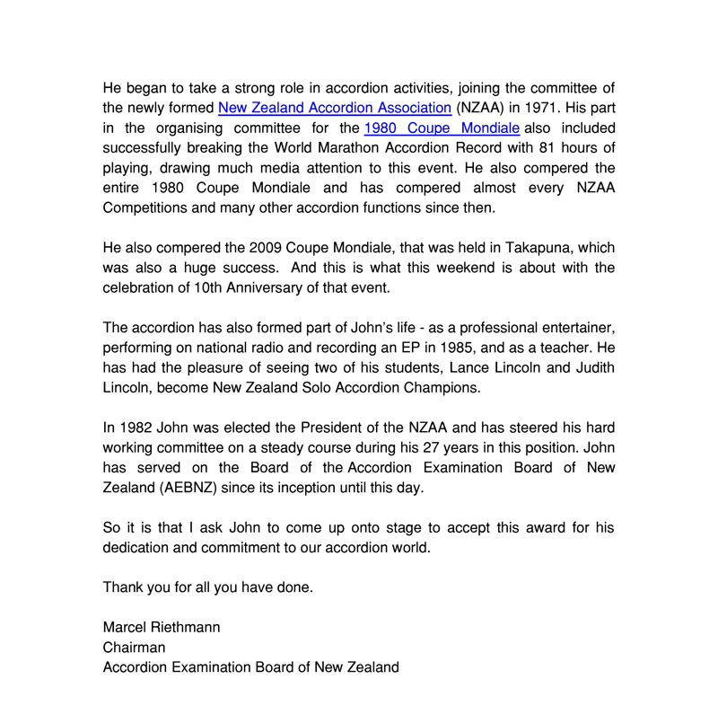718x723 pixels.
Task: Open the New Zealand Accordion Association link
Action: click(x=335, y=109)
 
